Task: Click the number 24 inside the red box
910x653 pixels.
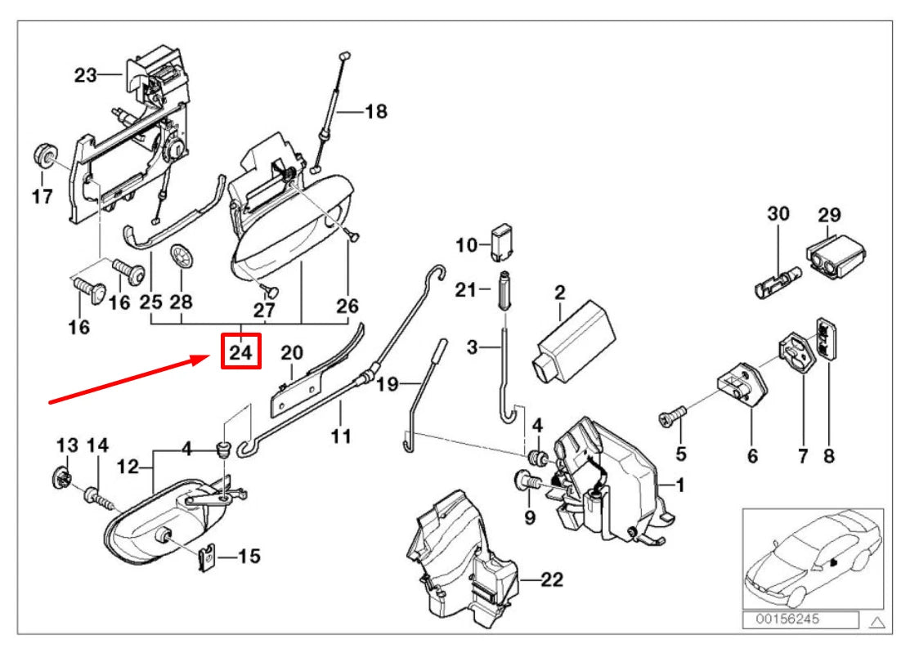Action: pos(240,353)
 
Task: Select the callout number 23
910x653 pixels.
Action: pos(85,75)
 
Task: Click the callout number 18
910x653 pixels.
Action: pos(375,111)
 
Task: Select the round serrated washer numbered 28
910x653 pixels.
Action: pos(180,256)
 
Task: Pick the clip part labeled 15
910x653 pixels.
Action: pos(208,557)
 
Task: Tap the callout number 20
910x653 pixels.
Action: pos(292,353)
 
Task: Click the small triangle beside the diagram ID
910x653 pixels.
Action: pos(877,622)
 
